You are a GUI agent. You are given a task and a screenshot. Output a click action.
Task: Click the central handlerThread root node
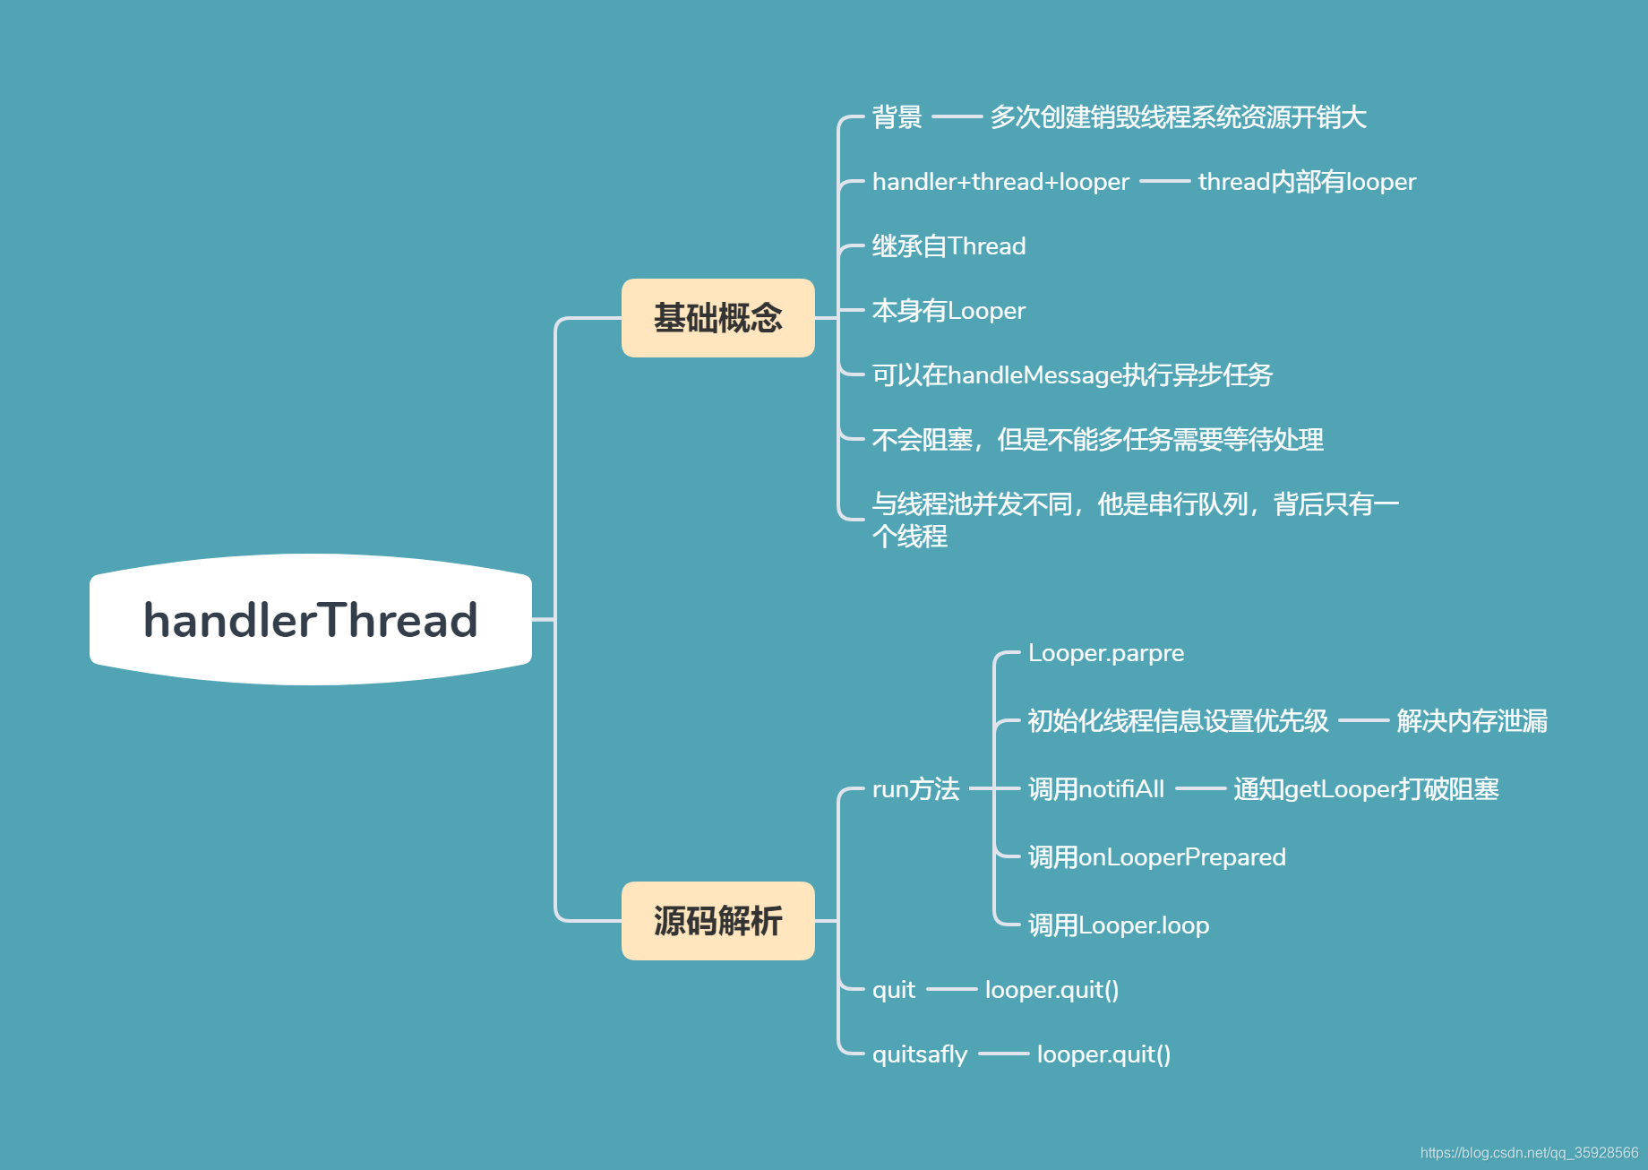pos(311,620)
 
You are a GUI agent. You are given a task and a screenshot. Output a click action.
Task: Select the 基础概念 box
pos(717,318)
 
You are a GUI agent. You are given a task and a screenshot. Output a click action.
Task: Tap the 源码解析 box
pos(717,921)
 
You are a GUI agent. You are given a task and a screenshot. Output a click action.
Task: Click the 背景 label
pos(897,117)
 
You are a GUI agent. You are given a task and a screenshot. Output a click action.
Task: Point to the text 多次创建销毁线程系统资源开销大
pos(1178,117)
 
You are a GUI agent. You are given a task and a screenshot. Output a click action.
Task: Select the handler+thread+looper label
pos(1000,182)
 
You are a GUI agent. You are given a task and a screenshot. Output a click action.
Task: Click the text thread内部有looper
pos(1307,182)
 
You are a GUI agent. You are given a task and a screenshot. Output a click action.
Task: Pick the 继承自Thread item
pos(948,246)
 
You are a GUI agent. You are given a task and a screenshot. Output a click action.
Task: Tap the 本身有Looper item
pos(948,311)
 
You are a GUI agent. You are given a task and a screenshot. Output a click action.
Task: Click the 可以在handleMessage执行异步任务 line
pos(1072,375)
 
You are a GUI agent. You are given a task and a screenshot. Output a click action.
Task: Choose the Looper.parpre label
pos(1105,653)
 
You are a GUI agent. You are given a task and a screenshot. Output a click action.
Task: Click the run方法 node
pos(915,789)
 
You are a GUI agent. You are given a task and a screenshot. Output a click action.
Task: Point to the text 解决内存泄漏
pos(1472,721)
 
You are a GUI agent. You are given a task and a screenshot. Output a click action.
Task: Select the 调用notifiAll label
pos(1096,789)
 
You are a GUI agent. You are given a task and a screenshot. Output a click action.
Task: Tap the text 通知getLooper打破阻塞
pos(1366,789)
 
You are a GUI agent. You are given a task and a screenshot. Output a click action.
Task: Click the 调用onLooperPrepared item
pos(1156,857)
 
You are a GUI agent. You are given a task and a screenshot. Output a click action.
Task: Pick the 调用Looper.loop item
pos(1119,925)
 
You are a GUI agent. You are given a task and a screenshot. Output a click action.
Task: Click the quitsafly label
pos(920,1054)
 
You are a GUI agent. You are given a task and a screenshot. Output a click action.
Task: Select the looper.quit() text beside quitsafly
pos(1103,1054)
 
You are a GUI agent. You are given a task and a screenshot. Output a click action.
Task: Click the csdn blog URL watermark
pos(1529,1153)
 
